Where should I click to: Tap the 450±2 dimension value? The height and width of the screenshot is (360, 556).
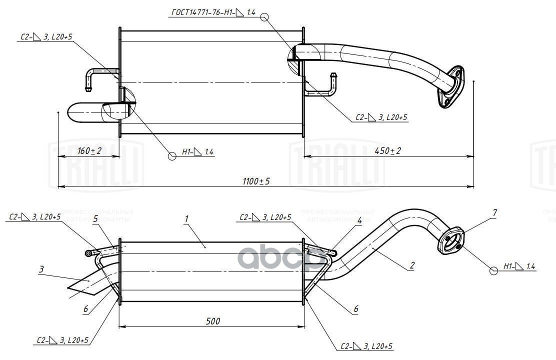coord(387,151)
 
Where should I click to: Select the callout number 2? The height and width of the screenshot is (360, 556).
coord(412,266)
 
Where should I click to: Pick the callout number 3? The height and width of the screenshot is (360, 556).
coord(41,269)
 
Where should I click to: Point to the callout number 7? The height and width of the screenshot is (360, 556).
coord(494,213)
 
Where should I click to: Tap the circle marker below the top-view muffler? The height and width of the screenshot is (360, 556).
coord(172,156)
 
